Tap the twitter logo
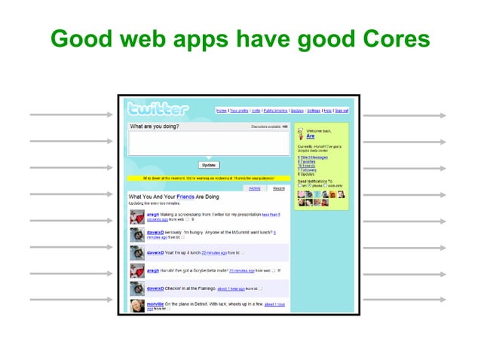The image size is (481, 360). [x=158, y=108]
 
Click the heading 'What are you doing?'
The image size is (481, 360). [x=155, y=127]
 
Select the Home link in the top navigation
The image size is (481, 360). [x=221, y=111]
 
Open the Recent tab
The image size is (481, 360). [x=278, y=188]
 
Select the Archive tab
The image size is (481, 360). [x=255, y=188]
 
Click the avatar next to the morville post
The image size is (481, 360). [x=137, y=307]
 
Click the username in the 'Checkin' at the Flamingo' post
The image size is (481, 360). [x=157, y=288]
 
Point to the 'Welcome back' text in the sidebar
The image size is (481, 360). [x=316, y=131]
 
